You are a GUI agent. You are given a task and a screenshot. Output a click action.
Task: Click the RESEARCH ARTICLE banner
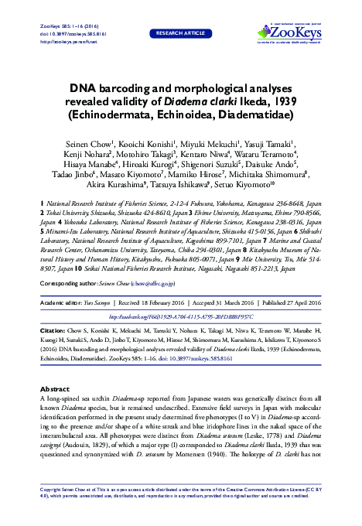[180, 36]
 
